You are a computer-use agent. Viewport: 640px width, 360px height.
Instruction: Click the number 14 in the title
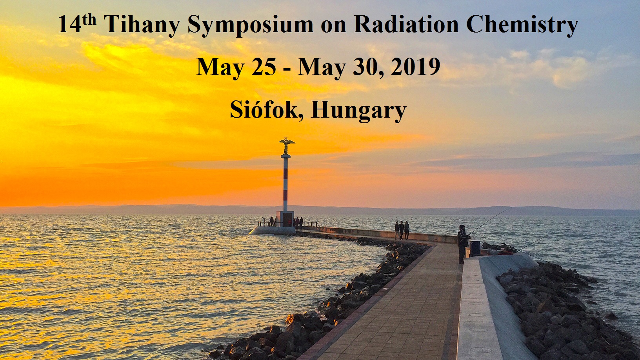click(x=69, y=25)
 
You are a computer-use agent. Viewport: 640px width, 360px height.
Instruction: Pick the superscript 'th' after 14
click(x=89, y=20)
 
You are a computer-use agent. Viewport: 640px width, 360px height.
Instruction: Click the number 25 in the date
click(x=264, y=67)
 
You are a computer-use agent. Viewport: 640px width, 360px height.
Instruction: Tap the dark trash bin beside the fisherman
click(x=475, y=248)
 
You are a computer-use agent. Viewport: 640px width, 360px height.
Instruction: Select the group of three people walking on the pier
click(x=402, y=230)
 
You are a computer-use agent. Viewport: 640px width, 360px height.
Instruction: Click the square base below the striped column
click(x=285, y=219)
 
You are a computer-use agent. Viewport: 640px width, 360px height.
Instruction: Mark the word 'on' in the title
click(x=333, y=27)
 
